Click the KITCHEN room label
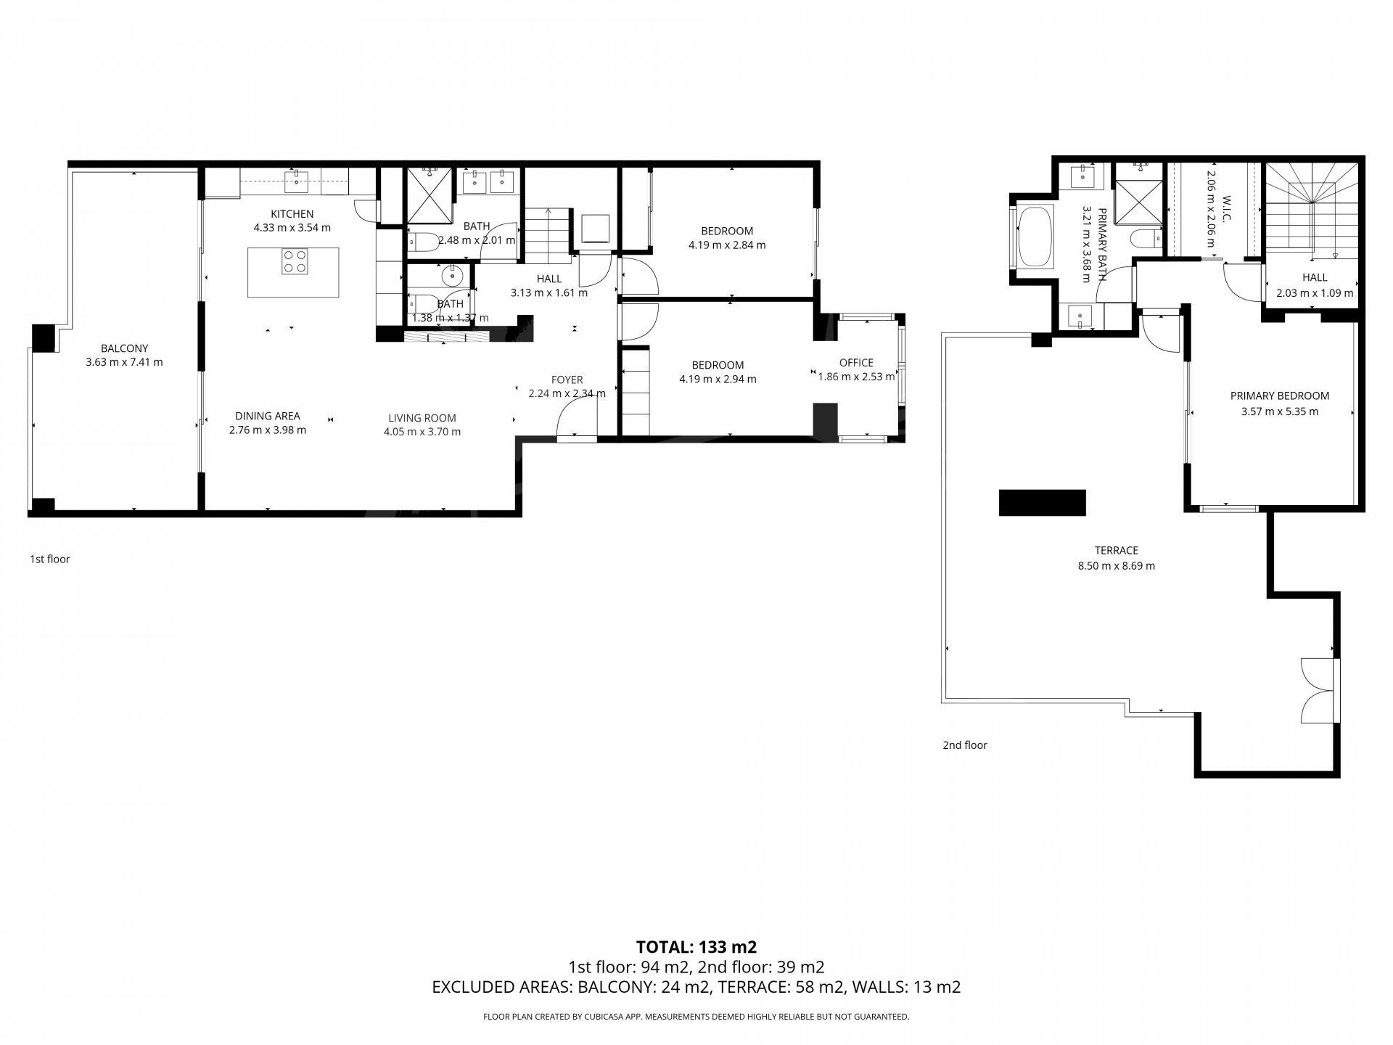pos(292,214)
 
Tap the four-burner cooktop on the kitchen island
pos(295,261)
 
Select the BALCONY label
pos(124,348)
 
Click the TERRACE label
pos(1117,551)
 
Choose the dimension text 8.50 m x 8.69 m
pos(1117,566)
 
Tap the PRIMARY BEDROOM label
pos(1280,396)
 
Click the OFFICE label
pos(856,363)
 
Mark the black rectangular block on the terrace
pos(1042,503)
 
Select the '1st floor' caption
pos(50,560)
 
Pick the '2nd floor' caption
pos(965,745)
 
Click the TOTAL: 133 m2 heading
pos(696,947)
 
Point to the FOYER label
pos(567,380)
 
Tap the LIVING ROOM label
pos(422,418)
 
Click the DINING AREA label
pos(268,416)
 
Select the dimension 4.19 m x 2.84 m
pos(727,245)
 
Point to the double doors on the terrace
pos(1319,690)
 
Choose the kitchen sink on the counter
pos(296,181)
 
